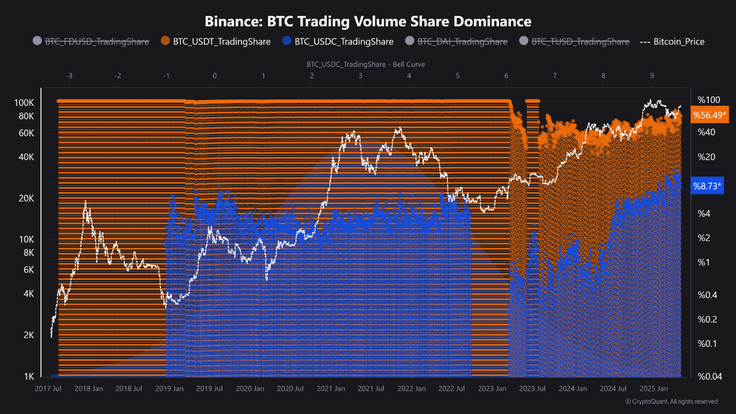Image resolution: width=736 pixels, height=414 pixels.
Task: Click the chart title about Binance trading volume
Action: (x=368, y=21)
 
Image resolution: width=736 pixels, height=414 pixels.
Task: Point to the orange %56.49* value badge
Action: (x=710, y=115)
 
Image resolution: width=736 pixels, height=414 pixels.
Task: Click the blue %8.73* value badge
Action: (x=707, y=186)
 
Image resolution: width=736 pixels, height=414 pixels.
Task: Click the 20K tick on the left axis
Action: (x=25, y=198)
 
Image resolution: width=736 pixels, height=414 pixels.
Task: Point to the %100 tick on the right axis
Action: (x=708, y=99)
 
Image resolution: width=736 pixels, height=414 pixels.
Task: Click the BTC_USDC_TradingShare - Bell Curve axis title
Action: (x=366, y=64)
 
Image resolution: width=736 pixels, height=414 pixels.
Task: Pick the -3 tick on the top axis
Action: (x=69, y=76)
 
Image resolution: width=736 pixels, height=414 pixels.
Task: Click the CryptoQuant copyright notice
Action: (x=671, y=401)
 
